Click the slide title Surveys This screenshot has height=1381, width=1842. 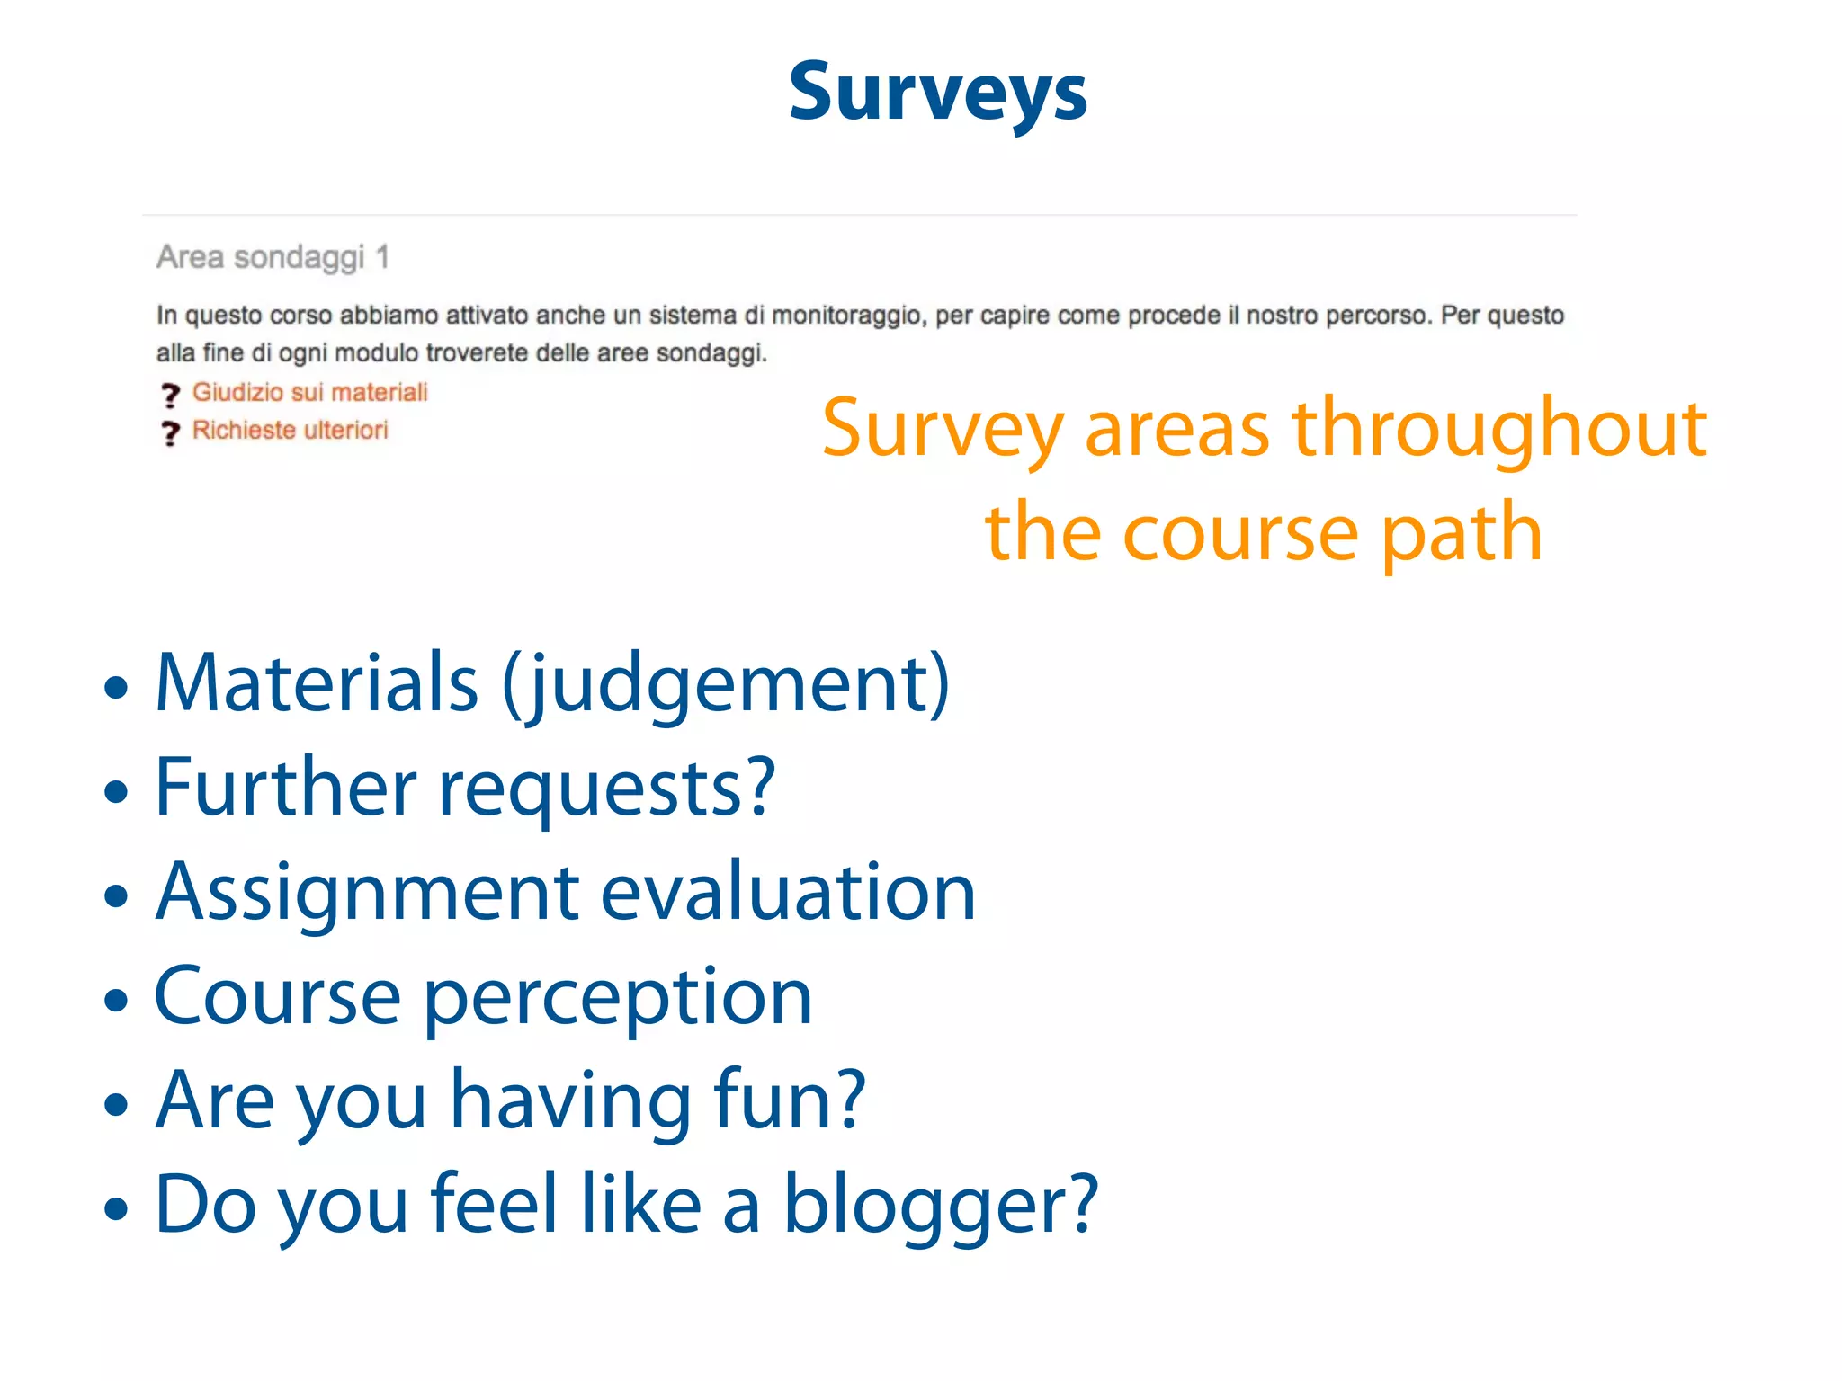click(937, 94)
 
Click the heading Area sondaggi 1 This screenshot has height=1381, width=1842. click(273, 257)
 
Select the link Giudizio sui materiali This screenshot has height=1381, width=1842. click(309, 392)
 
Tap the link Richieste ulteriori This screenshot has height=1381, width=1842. click(290, 430)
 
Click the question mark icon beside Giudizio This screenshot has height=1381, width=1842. click(170, 395)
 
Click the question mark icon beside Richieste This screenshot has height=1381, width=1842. click(170, 433)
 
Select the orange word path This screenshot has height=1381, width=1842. click(1462, 532)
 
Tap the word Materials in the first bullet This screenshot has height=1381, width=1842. click(317, 683)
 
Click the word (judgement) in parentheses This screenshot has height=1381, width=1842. click(725, 685)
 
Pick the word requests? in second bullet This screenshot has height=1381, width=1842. click(607, 788)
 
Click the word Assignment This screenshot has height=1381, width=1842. click(367, 892)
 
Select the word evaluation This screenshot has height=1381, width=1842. click(788, 892)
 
